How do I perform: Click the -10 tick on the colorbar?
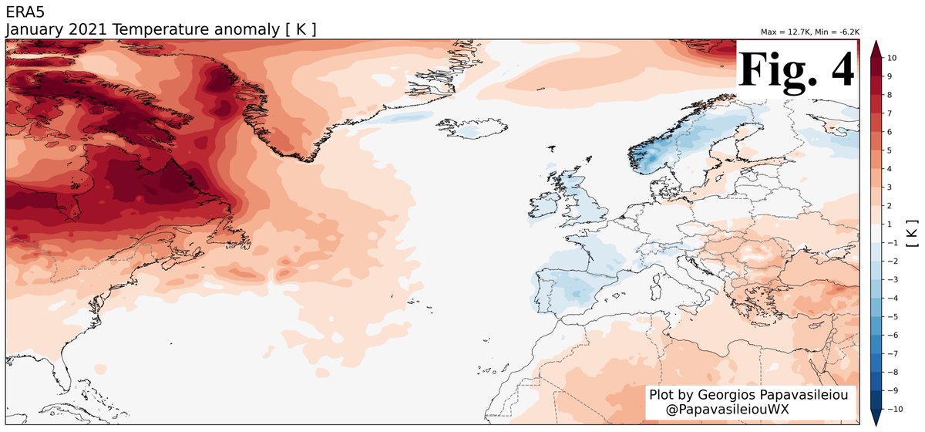pos(894,408)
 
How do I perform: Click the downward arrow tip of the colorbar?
pos(876,420)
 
